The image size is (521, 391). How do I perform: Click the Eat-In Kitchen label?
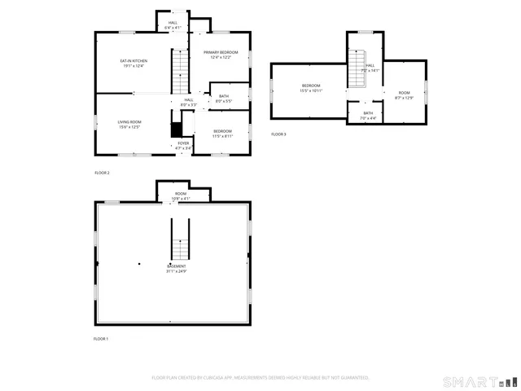tap(133, 64)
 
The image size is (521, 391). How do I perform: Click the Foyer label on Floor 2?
tap(183, 146)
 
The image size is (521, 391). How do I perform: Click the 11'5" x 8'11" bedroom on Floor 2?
tap(223, 134)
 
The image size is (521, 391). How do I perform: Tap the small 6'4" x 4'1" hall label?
tap(173, 25)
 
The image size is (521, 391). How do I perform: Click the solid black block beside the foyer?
tap(175, 130)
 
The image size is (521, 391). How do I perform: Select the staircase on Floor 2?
tap(180, 72)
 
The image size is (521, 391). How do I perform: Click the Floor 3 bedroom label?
tap(312, 88)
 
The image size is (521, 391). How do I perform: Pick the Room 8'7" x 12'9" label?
tap(404, 95)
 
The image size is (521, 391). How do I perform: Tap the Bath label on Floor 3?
tap(368, 116)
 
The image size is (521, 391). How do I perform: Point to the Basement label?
tap(177, 269)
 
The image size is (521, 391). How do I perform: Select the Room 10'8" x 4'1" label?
tap(180, 195)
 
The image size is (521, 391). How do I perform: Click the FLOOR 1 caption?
tap(101, 338)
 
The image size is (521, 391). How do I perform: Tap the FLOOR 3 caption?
tap(278, 134)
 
